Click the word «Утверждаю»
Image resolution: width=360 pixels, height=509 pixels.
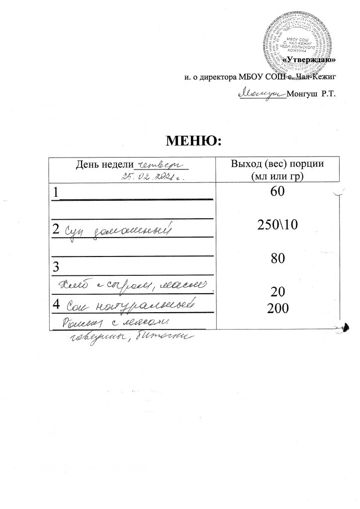pos(312,60)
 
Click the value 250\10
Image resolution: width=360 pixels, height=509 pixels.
pos(274,226)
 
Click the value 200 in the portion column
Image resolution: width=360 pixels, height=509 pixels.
pos(274,309)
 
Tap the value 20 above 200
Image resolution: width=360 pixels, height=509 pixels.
pos(274,291)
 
